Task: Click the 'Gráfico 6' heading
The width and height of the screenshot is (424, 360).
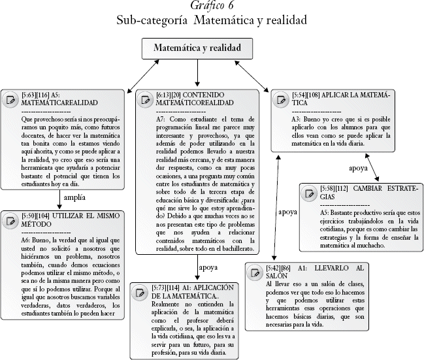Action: click(x=212, y=6)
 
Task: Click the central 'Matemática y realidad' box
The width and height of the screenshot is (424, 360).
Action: click(x=197, y=48)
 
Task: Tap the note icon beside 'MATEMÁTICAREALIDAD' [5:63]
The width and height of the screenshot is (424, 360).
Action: click(x=10, y=99)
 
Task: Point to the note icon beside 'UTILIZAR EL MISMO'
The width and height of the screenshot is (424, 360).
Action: click(x=10, y=220)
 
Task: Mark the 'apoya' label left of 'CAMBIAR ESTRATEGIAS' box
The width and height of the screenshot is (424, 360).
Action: click(x=288, y=212)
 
